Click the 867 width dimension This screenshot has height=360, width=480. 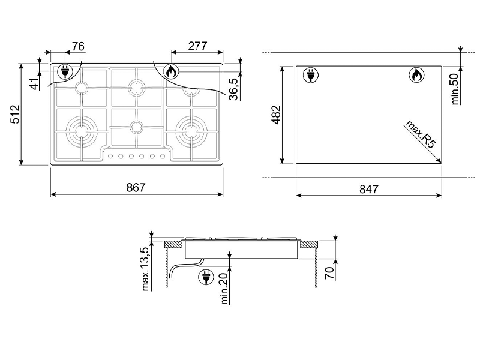pos(136,187)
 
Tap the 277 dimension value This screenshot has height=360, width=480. pos(197,46)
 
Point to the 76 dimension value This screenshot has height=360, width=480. pos(78,47)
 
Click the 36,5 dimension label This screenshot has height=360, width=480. pos(233,89)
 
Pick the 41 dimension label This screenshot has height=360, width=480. pos(35,83)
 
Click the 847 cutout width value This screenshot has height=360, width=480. pos(368,189)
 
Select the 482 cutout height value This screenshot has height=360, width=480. pos(276,115)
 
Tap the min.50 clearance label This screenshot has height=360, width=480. pos(455,89)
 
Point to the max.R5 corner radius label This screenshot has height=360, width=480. pos(421,134)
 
